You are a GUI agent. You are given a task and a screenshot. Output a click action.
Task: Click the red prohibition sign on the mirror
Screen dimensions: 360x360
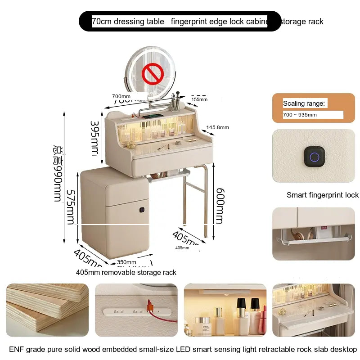(x=152, y=72)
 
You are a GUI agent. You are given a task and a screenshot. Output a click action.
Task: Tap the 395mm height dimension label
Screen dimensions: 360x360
(x=94, y=138)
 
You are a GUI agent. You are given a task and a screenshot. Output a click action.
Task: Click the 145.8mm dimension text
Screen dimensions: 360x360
(x=217, y=127)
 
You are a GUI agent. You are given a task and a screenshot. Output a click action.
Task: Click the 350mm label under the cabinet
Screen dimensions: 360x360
(x=126, y=262)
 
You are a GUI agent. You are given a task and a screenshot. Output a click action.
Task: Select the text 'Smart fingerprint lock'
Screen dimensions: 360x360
(x=323, y=195)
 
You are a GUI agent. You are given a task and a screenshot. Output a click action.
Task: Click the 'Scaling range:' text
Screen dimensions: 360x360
(x=304, y=103)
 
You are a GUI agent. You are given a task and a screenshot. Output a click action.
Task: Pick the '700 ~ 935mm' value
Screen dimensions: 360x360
(x=300, y=115)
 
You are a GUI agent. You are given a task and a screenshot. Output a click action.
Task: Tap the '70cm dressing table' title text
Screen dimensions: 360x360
(x=128, y=21)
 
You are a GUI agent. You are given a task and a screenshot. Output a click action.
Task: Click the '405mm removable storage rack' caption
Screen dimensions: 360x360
(x=126, y=272)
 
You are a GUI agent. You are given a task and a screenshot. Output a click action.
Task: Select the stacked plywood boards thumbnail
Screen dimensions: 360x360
(x=47, y=310)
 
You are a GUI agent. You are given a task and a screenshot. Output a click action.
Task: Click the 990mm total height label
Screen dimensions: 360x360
(x=58, y=173)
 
